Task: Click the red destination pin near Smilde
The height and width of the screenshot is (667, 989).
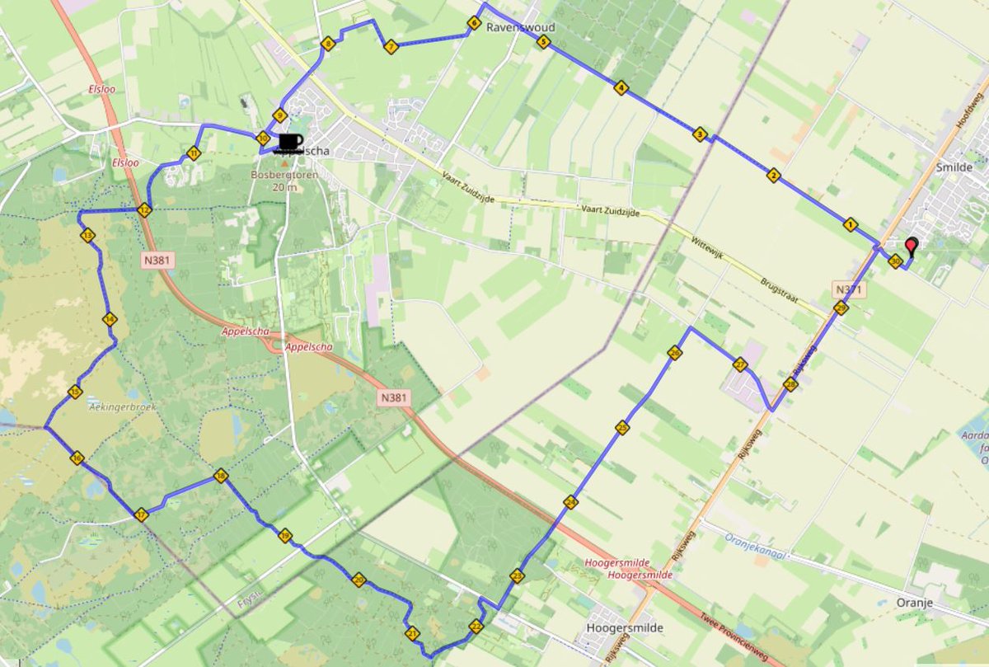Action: click(911, 245)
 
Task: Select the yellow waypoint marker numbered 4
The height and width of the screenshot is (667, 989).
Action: click(621, 87)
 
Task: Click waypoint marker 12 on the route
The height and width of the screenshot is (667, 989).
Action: click(144, 209)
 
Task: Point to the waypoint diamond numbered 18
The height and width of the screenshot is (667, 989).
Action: click(220, 476)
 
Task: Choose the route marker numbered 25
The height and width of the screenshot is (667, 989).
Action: click(621, 427)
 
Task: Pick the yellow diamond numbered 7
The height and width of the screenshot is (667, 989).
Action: click(391, 47)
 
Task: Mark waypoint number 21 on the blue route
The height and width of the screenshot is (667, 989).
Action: click(412, 633)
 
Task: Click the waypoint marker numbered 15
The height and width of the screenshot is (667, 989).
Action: click(75, 392)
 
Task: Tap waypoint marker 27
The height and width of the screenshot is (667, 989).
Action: click(739, 364)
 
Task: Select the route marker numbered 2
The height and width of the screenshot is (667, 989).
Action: click(772, 175)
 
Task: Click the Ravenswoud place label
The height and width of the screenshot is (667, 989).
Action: click(520, 27)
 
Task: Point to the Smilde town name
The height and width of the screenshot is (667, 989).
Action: click(954, 167)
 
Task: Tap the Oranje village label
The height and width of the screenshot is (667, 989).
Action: click(914, 604)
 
